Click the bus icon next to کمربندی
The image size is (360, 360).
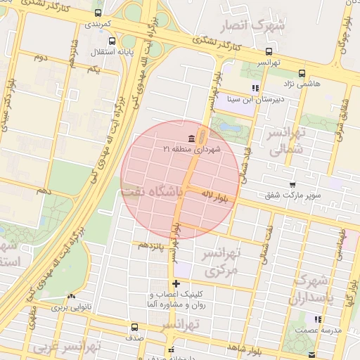point(97,13)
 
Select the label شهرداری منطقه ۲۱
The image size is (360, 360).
point(191,149)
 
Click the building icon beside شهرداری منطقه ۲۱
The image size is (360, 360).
point(192,138)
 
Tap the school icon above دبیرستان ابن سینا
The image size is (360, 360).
point(256,89)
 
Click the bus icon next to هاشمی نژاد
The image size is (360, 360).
point(302,72)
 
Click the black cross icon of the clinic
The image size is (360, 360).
point(176,283)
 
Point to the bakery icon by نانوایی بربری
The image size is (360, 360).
point(70,297)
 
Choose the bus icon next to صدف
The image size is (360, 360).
point(134,326)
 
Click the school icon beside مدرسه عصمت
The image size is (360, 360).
point(319,319)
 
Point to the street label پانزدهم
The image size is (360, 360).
point(151,245)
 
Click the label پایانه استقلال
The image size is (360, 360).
point(108,52)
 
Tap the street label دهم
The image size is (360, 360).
point(44,191)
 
